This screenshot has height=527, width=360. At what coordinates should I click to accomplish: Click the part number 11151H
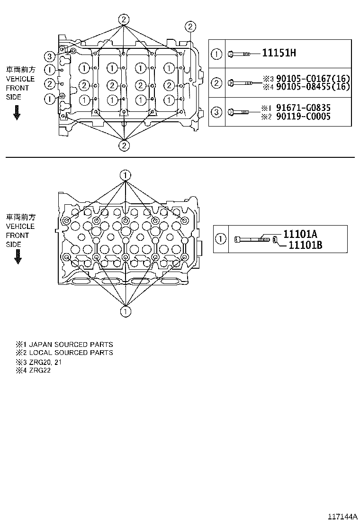[x=279, y=53]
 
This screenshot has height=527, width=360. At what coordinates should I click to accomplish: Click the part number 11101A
[x=300, y=234]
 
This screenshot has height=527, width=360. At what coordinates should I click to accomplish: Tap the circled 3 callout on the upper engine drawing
[x=50, y=57]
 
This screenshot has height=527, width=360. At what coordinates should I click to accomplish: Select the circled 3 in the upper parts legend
[x=216, y=112]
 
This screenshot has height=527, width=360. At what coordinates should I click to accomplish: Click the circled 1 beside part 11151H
[x=216, y=54]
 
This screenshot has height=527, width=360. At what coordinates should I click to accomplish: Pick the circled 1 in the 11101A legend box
[x=221, y=239]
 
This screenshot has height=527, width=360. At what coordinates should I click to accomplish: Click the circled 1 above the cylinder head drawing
[x=125, y=175]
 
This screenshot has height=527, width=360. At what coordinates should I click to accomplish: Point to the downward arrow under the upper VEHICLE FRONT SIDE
[x=17, y=113]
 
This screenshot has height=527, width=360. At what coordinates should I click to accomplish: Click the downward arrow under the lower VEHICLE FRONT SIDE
[x=18, y=256]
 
